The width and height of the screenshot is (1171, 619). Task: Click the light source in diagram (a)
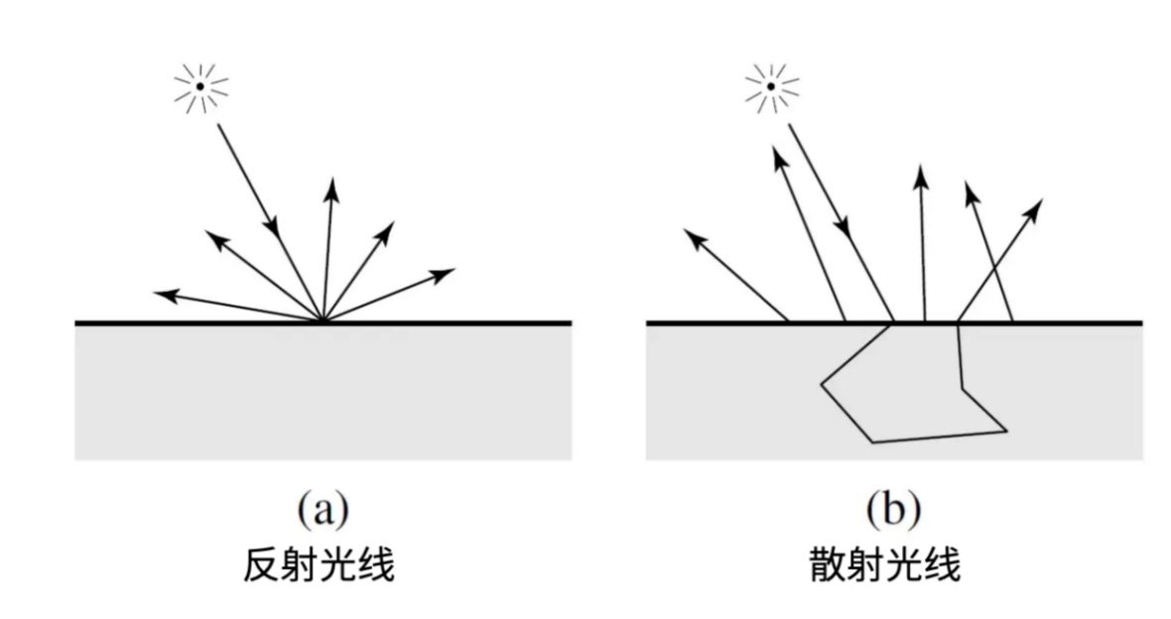199,87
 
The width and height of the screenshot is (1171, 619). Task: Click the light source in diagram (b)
770,87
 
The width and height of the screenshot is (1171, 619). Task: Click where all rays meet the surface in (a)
323,322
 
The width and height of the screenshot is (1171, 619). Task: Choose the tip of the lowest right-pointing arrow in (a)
455,269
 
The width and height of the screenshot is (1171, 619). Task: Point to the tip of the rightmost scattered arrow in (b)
1042,200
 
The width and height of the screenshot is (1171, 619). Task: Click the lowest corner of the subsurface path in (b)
871,442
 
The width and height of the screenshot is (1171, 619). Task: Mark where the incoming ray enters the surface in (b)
894,322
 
